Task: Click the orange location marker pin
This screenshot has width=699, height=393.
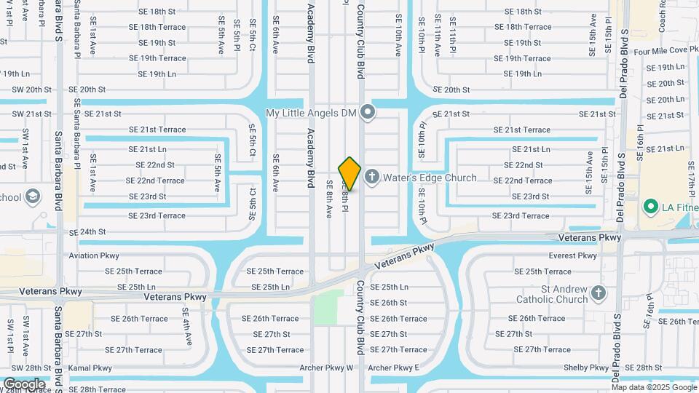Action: [349, 173]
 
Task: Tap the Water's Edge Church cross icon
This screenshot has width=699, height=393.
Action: [372, 177]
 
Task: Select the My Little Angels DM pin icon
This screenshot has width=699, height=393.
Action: [368, 112]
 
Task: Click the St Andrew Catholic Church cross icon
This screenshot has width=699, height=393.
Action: [599, 292]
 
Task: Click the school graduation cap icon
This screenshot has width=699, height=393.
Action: [33, 196]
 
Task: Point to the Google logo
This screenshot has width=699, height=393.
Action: [24, 384]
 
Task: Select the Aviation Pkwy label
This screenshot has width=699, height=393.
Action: [94, 255]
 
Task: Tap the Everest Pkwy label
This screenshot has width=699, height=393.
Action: [573, 255]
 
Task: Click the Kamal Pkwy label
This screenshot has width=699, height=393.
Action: [90, 368]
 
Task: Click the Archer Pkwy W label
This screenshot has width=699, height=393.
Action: [325, 368]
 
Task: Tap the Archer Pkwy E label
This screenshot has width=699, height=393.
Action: [394, 368]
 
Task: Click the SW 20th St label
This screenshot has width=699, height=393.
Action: [31, 90]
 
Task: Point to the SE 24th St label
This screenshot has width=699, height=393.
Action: [87, 232]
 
